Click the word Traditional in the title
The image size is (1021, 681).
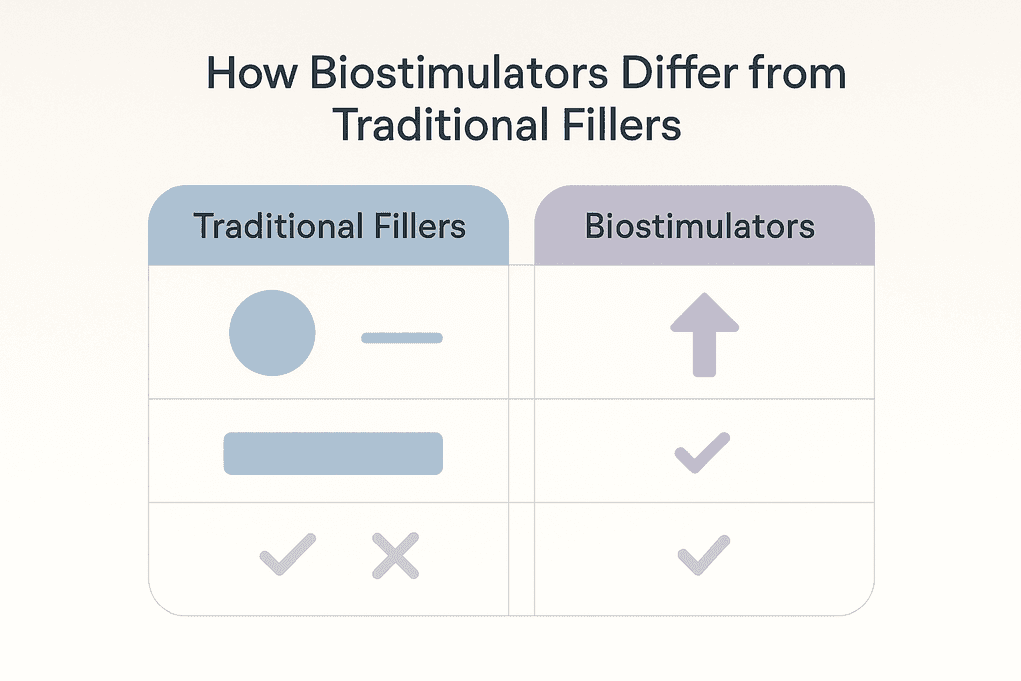click(441, 124)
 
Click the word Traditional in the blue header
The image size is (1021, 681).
click(279, 226)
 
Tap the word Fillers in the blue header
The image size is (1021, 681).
click(420, 226)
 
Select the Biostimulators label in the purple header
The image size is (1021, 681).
click(700, 226)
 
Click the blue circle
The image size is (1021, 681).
click(272, 333)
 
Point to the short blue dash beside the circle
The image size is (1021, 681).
click(402, 338)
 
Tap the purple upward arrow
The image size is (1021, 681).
click(705, 335)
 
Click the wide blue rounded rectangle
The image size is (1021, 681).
click(333, 453)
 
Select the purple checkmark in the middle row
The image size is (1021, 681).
click(702, 452)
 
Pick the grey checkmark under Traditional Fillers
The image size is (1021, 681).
click(288, 554)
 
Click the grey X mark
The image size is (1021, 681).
click(395, 556)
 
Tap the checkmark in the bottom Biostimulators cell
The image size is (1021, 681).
click(704, 555)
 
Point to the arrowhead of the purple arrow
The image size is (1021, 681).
click(705, 312)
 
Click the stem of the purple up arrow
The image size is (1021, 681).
click(705, 354)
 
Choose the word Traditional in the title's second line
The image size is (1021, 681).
click(441, 124)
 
